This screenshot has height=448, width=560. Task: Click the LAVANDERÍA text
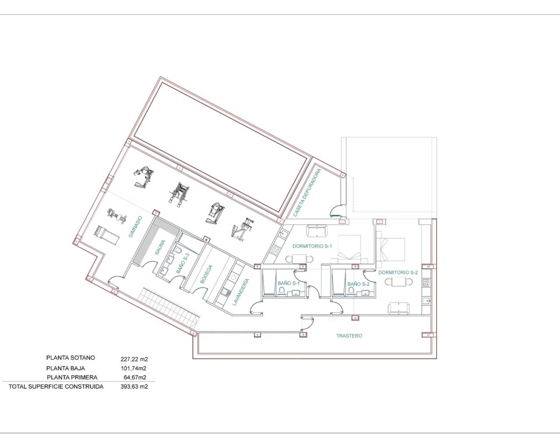click(x=241, y=292)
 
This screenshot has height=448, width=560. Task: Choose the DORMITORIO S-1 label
click(x=312, y=246)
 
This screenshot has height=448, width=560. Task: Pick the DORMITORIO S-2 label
click(x=398, y=272)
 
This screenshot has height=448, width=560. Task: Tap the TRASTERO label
click(x=349, y=336)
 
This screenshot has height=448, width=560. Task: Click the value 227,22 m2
click(x=134, y=359)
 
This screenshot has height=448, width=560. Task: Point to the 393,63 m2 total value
click(x=134, y=387)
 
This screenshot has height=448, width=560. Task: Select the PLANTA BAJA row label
click(x=66, y=368)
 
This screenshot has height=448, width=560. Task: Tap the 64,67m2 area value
click(x=135, y=378)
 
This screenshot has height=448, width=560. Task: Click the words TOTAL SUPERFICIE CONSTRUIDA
click(x=56, y=387)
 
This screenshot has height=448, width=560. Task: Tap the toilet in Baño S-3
click(x=178, y=250)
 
